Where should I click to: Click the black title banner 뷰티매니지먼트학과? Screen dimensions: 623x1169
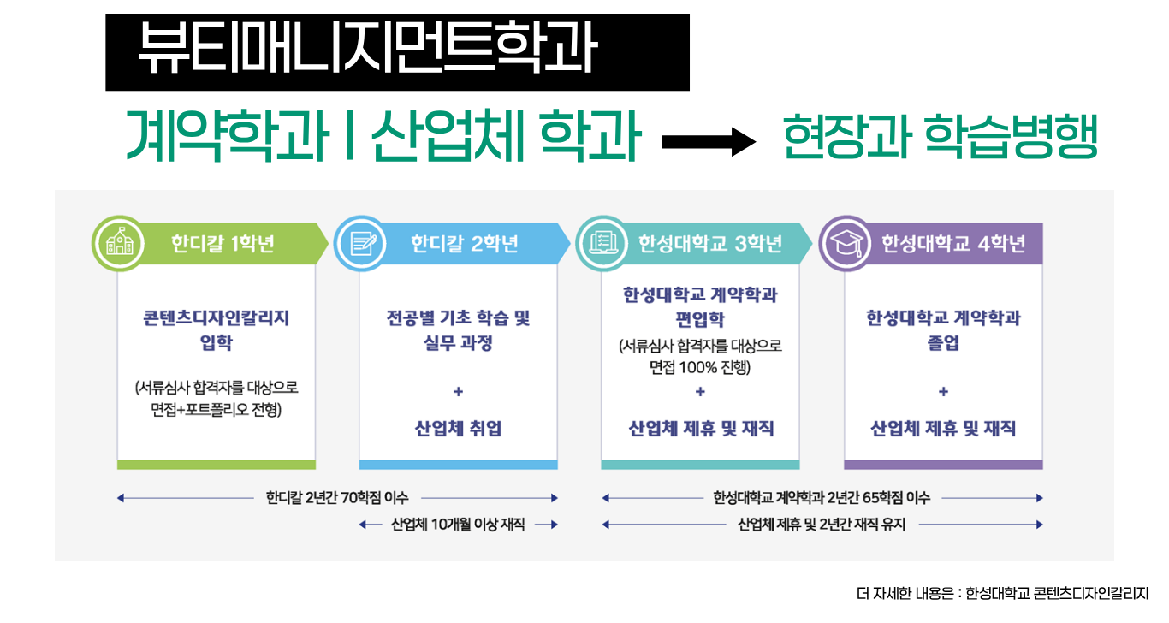click(x=397, y=51)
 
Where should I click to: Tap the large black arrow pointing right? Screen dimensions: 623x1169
click(x=709, y=142)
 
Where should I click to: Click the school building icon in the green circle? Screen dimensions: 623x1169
click(x=120, y=245)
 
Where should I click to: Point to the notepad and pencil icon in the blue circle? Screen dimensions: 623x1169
click(x=362, y=245)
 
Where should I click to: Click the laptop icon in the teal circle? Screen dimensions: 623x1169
click(x=604, y=245)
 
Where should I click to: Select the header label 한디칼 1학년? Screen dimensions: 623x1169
click(x=223, y=244)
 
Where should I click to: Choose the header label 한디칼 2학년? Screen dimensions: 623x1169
click(x=464, y=244)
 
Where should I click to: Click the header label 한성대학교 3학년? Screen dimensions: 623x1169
click(x=709, y=244)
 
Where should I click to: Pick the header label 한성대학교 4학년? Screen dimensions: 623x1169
click(x=953, y=244)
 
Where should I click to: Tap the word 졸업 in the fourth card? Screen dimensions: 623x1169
click(x=943, y=344)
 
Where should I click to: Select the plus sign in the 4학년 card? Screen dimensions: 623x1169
click(x=943, y=392)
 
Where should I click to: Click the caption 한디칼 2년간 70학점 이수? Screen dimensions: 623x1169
click(x=337, y=497)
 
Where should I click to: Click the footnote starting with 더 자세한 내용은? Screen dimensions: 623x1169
click(x=1001, y=593)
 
